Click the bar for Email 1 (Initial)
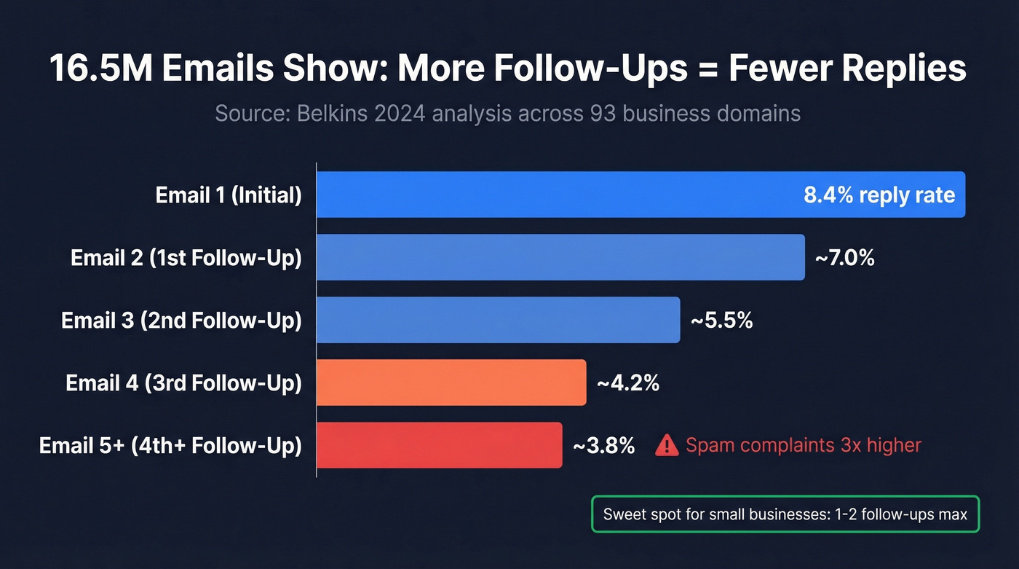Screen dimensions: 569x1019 pos(553,195)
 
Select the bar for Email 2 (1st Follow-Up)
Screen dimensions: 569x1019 pos(560,257)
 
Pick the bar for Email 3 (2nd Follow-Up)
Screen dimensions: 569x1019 pos(498,320)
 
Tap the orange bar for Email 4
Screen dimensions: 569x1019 pos(451,382)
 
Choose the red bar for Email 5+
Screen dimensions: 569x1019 pos(439,445)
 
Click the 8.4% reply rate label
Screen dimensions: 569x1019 pos(879,195)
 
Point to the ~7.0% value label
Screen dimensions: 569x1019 pos(844,257)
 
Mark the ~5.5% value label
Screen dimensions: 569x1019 pos(721,320)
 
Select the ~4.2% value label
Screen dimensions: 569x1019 pos(627,382)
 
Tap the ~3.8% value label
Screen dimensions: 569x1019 pos(603,445)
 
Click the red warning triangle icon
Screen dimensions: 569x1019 pos(667,445)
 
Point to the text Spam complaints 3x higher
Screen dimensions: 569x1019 pos(804,445)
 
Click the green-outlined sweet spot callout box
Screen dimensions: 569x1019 pos(785,514)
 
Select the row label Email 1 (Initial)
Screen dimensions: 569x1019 pos(229,195)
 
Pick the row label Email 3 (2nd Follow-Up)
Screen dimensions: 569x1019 pos(181,321)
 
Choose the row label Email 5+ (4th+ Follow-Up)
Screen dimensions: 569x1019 pos(170,446)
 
